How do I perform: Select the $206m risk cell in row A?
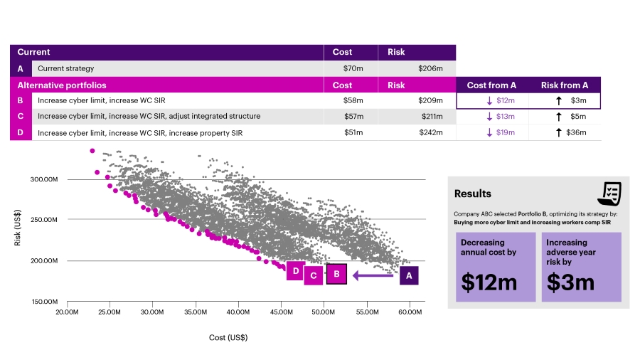click(x=430, y=68)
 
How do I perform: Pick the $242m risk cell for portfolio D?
click(x=430, y=132)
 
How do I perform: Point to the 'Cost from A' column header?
click(x=492, y=85)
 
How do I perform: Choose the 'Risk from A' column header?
click(x=565, y=85)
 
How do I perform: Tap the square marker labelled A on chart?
click(x=409, y=275)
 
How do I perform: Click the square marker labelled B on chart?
click(x=336, y=274)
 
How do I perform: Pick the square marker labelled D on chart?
click(x=295, y=270)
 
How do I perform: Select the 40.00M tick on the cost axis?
click(x=238, y=312)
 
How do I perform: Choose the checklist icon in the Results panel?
click(x=610, y=193)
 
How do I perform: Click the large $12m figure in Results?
click(x=489, y=282)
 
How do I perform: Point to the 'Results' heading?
click(x=473, y=194)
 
